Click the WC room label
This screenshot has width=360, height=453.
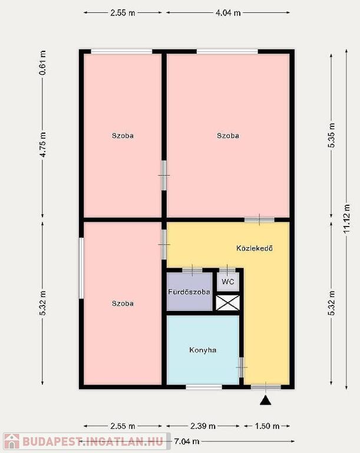coord(228,281)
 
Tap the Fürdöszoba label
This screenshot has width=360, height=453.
coord(189,292)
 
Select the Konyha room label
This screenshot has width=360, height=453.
coord(203,350)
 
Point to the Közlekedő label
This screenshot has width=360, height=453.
coord(255,248)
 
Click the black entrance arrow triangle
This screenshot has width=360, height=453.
coord(265,401)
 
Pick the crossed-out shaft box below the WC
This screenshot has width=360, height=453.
coord(228,303)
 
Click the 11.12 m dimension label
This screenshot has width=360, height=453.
coord(346,219)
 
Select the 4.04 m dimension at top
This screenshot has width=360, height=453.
coord(228,13)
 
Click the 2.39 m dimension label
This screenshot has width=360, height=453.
coord(203,426)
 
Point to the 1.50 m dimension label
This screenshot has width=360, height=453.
coord(267,426)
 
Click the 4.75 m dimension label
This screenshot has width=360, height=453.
coord(42,145)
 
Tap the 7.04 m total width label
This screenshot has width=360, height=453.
coord(187,441)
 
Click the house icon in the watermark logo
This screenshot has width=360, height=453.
coord(12,441)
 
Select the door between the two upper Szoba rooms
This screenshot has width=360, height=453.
coord(164,175)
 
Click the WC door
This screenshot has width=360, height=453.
coord(227,270)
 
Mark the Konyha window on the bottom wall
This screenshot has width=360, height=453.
coord(204,387)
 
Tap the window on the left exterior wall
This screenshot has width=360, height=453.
coord(81,268)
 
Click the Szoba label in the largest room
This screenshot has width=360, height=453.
coord(228,136)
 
